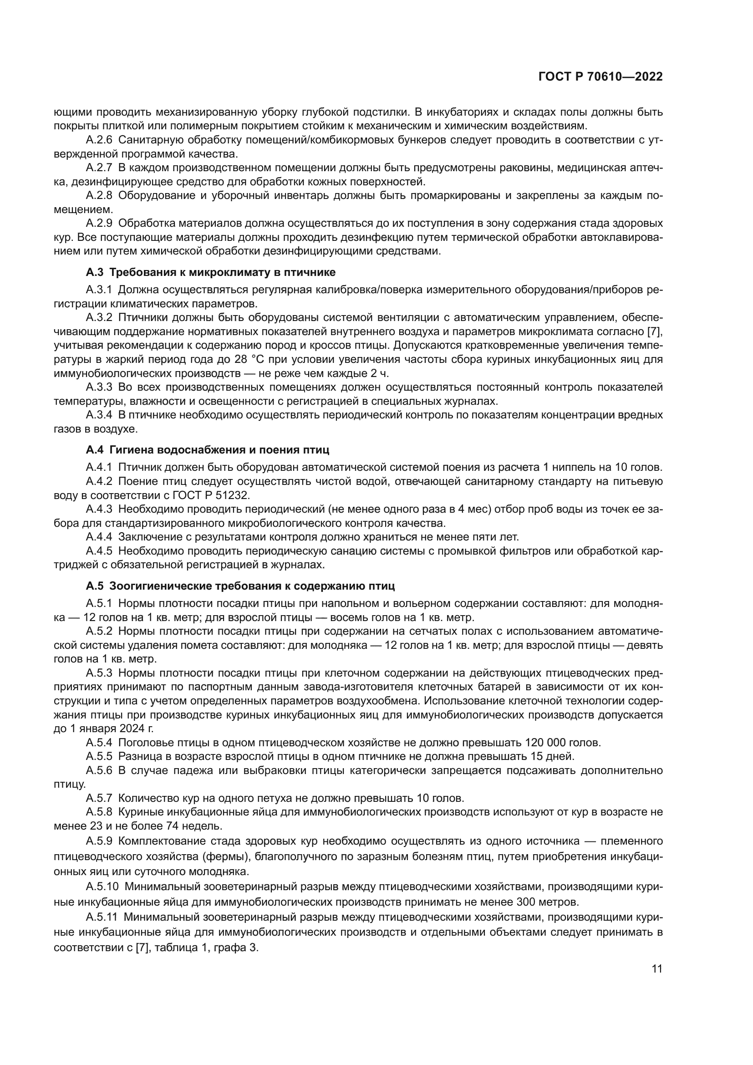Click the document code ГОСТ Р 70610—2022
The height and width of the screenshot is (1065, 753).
[600, 76]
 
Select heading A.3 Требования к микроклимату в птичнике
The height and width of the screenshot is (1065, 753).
[210, 272]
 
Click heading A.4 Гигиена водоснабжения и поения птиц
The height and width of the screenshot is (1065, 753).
[207, 449]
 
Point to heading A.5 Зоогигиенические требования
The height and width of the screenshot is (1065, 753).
[240, 586]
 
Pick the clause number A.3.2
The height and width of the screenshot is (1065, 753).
[99, 318]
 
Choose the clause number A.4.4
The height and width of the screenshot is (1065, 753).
[99, 537]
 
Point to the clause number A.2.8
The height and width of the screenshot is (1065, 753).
[99, 195]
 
